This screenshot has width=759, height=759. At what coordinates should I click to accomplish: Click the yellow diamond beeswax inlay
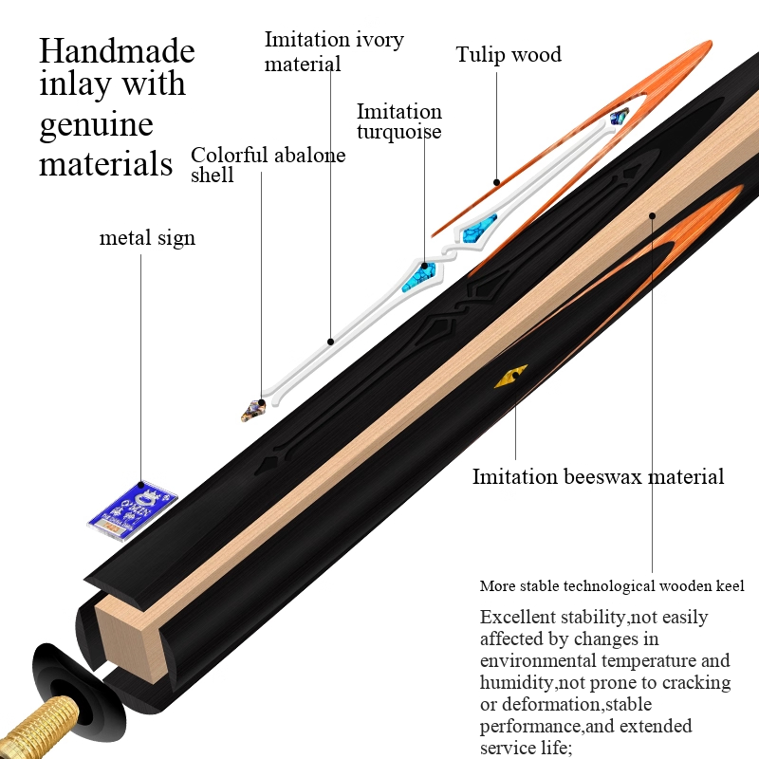tap(509, 377)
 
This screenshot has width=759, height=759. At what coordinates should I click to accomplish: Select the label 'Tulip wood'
tap(509, 54)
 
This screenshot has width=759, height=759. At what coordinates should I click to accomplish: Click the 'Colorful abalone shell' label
tap(268, 164)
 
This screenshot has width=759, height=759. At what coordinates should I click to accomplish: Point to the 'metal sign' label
tap(147, 237)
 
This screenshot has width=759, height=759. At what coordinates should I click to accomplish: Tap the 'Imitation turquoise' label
tap(399, 121)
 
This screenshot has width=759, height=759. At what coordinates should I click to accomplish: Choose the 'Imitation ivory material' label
tap(334, 51)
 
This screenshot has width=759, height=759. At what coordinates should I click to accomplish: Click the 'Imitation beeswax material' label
tap(598, 476)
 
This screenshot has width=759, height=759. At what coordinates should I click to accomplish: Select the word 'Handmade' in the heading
tap(117, 49)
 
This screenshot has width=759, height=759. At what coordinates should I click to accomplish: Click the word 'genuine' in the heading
tap(96, 123)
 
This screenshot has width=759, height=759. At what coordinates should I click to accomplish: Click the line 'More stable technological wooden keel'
tap(619, 586)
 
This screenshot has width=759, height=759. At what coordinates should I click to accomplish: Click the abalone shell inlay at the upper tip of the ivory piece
tap(620, 118)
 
